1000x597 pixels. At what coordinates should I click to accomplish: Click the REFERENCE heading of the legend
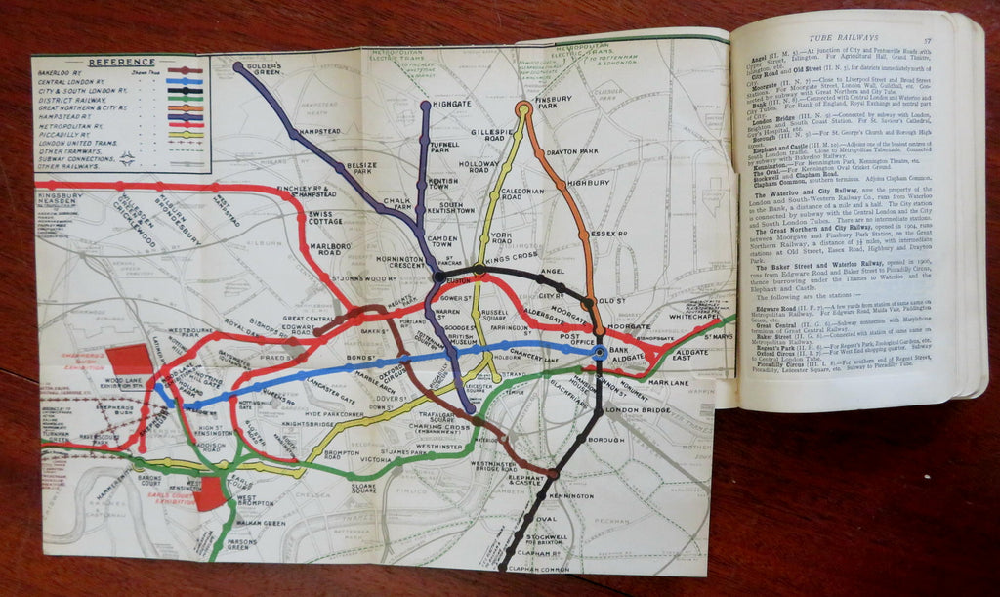pos(121,63)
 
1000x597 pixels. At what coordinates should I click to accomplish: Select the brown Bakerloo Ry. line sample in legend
pos(186,71)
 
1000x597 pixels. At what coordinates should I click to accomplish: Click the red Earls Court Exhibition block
pos(210,492)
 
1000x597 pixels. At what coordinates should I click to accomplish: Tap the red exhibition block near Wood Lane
pos(131,362)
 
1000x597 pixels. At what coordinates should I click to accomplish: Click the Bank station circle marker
pos(599,350)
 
